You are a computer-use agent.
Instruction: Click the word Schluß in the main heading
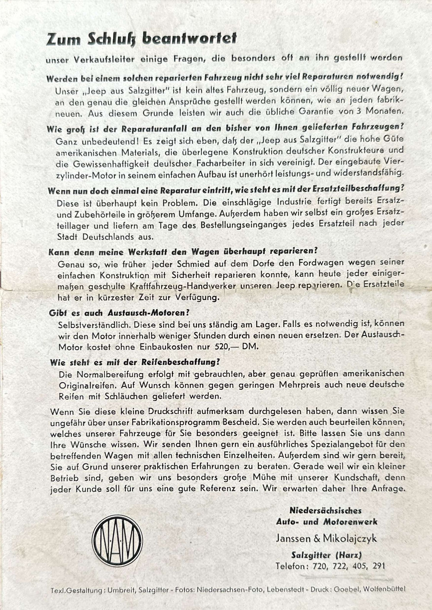point(113,39)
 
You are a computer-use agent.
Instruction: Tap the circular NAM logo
point(118,540)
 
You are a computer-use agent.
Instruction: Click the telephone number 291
point(378,566)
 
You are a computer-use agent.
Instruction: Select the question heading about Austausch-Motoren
point(119,313)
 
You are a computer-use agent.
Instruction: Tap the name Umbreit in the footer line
point(121,590)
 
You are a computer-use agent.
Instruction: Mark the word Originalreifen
point(87,385)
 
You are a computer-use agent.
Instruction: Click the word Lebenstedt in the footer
point(285,589)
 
